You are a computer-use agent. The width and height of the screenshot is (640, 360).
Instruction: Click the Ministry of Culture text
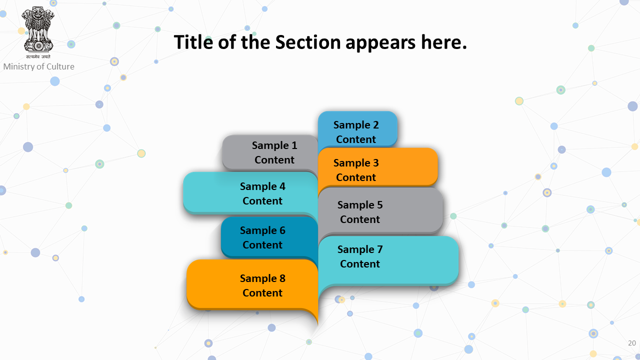coord(39,66)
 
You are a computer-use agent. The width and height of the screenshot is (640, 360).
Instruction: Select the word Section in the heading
coord(307,42)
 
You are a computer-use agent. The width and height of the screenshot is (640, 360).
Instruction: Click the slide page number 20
coord(631,343)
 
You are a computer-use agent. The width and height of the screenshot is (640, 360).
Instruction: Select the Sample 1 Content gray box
coord(270,153)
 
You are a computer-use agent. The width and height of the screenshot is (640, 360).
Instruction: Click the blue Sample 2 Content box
coord(357,129)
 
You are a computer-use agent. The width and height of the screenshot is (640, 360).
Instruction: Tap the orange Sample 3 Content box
coord(377,167)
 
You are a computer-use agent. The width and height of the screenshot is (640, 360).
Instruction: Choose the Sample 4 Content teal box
coord(250,193)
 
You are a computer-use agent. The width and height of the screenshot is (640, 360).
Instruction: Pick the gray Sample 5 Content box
coord(380,211)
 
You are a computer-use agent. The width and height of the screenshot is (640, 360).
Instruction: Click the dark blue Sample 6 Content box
coord(269,237)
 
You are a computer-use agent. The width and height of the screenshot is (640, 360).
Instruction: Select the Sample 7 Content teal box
coord(388,260)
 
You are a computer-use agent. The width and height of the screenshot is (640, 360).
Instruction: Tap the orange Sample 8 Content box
coord(252,285)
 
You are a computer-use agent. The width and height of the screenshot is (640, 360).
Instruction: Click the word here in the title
coord(443,42)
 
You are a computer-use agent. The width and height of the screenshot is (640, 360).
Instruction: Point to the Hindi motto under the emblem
coord(38,56)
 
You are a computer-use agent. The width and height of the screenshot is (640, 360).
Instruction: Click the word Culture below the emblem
coord(60,66)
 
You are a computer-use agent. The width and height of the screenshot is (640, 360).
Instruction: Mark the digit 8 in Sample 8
coord(282,278)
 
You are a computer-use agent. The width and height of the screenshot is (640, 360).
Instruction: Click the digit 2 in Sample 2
coord(375,125)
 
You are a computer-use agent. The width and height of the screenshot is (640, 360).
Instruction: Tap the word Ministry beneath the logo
coord(20,67)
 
